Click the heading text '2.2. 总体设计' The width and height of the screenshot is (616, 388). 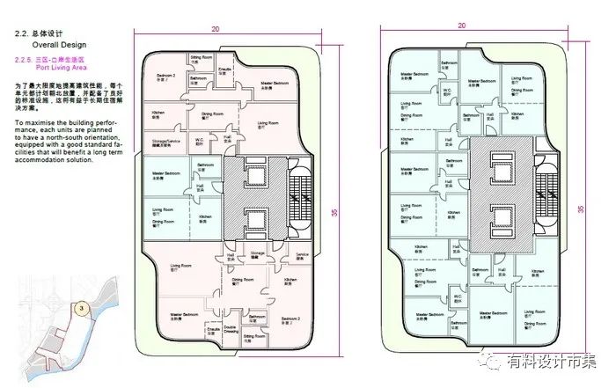coord(36,33)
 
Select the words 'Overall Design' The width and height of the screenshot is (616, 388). coord(59,43)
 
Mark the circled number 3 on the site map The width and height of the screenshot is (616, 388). coord(80,308)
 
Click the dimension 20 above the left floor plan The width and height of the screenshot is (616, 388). coord(216,29)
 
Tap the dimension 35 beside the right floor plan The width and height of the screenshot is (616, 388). coord(581,209)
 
